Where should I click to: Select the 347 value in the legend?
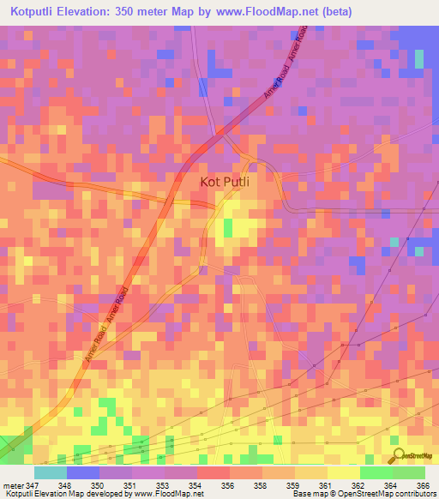click(31, 484)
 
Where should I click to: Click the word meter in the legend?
click(11, 484)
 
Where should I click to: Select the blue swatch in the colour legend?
click(82, 472)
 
